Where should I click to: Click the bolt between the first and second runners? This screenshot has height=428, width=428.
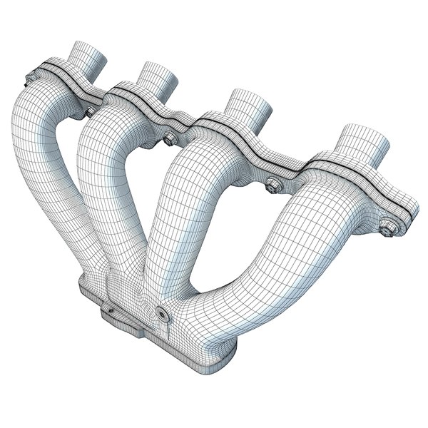click(x=89, y=112)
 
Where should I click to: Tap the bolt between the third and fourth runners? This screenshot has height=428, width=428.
click(x=272, y=187)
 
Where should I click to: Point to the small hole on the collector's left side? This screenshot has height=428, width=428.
click(x=111, y=311)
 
